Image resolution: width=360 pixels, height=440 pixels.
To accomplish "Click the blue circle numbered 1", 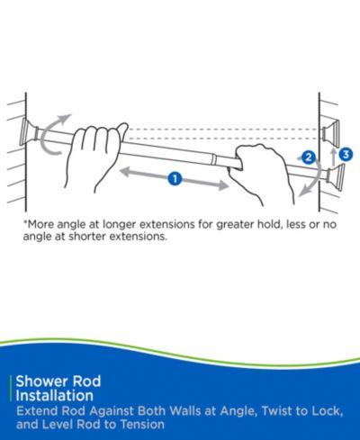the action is tap(175, 179).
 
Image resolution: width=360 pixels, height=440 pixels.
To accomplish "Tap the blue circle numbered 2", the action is tap(309, 157).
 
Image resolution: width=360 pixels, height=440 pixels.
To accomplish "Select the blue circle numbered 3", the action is tap(346, 155).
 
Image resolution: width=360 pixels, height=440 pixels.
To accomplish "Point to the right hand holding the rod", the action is tap(262, 174).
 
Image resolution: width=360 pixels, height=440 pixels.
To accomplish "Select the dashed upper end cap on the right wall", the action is tap(331, 131).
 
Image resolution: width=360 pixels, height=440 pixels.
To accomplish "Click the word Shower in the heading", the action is tap(42, 382).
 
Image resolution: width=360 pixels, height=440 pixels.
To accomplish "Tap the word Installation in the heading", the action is tap(55, 396).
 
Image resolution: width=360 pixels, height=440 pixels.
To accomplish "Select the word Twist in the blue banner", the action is tap(277, 410).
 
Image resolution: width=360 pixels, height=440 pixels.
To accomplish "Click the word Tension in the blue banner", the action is tap(142, 425).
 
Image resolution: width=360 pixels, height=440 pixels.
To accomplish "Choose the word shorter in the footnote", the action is tap(87, 237).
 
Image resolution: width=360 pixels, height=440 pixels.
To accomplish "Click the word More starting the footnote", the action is tap(40, 224).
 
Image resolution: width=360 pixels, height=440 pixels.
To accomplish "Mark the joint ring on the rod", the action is tap(212, 159).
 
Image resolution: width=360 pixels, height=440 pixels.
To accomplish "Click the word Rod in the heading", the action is tap(87, 382).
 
